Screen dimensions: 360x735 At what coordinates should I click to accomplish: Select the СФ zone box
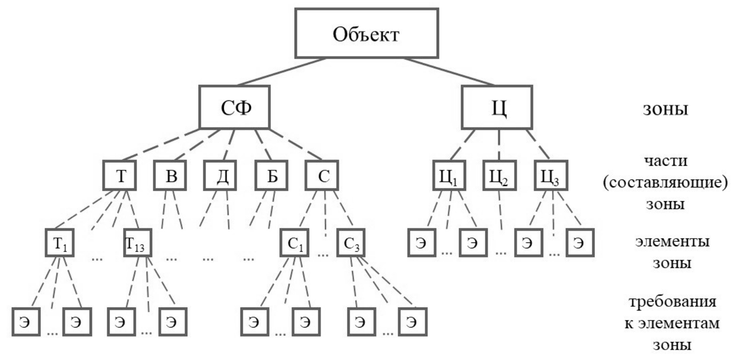point(235,108)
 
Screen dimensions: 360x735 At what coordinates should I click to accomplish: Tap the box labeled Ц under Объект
point(497,108)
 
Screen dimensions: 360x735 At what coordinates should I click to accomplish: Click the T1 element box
point(59,242)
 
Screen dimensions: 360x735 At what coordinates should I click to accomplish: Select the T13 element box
point(137,242)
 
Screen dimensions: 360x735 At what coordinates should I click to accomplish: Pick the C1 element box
point(294,242)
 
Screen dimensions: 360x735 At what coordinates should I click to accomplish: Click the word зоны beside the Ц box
point(665,109)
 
